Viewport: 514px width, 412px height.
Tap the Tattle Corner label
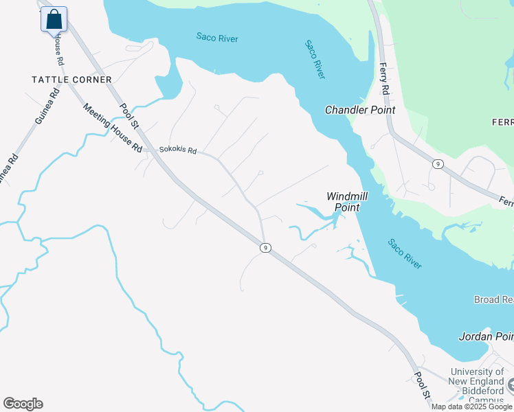coord(71,80)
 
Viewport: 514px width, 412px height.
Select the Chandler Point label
coord(360,110)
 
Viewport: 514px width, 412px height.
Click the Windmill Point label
coord(346,202)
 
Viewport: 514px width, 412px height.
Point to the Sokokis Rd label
coord(178,150)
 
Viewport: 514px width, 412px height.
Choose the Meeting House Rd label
coord(113,128)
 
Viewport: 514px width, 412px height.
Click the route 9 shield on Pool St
coord(265,247)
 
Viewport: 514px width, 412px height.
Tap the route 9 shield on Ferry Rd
coord(436,163)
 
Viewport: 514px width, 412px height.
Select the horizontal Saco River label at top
coord(217,38)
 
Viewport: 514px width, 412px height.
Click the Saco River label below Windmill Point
coord(404,253)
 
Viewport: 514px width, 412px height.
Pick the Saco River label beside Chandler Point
coord(315,59)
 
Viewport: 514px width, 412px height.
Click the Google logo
coord(23,404)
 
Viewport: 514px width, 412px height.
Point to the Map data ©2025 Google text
coord(471,407)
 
